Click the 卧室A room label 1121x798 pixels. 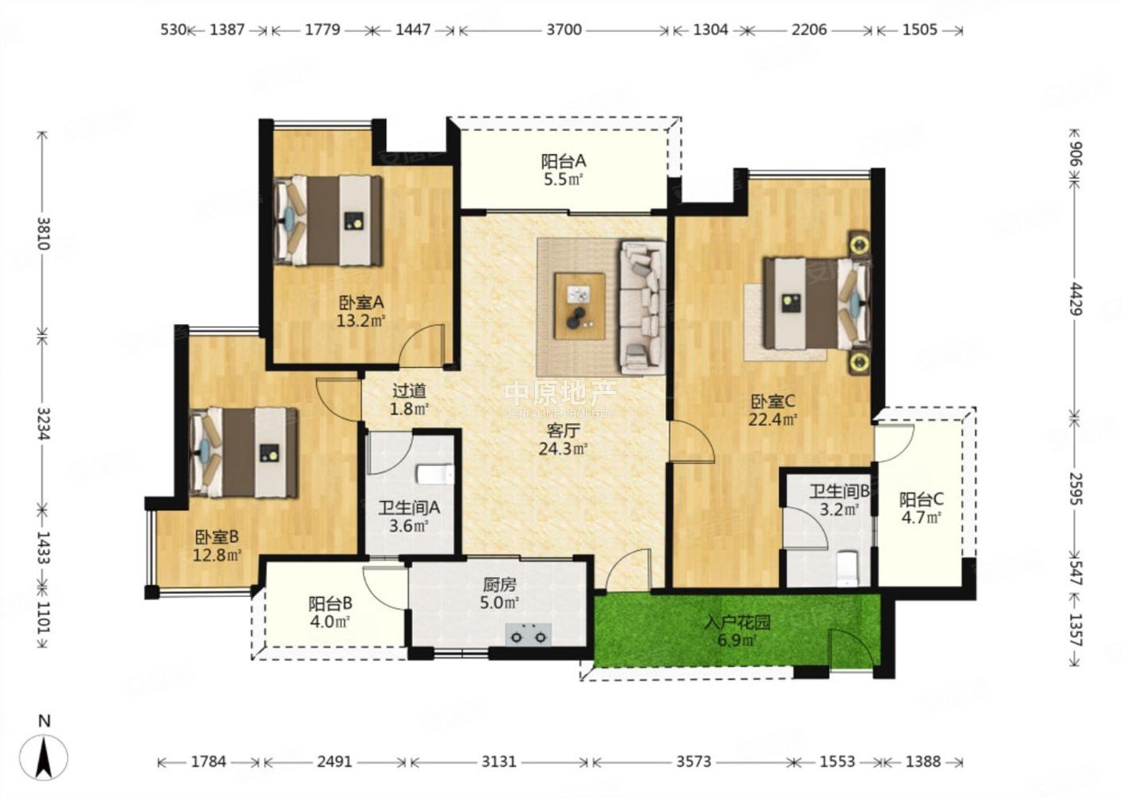click(361, 302)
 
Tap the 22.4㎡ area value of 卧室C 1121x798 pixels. click(773, 419)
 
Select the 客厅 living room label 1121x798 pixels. click(563, 430)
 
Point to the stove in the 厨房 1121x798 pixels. click(528, 634)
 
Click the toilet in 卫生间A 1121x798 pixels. click(435, 475)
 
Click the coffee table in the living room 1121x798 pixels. click(580, 306)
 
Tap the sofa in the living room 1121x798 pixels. click(643, 307)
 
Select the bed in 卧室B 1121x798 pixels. click(244, 452)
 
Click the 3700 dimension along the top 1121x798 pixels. click(564, 30)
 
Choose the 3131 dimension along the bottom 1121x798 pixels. click(498, 761)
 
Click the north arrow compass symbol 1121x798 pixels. click(45, 756)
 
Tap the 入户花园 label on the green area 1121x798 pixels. click(737, 622)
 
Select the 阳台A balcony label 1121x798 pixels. click(564, 161)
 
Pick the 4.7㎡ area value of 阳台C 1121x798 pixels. click(922, 517)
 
